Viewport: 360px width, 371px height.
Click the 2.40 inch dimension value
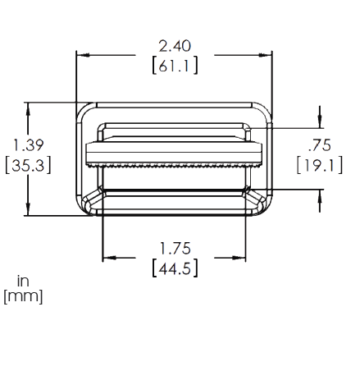175,46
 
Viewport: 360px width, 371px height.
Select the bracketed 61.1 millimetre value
175,66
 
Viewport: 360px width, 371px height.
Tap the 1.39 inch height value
29,145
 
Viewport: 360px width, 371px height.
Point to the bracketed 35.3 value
28,165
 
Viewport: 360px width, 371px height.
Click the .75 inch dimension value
319,145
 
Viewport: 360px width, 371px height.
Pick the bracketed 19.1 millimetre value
320,165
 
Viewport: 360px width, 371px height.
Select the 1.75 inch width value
175,249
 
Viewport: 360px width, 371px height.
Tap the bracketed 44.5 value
175,268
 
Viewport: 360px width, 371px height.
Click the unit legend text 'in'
23,281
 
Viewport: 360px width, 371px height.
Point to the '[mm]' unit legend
23,296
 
